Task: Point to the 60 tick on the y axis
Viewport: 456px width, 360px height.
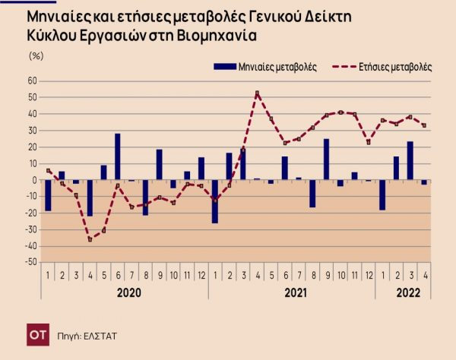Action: pyautogui.click(x=33, y=81)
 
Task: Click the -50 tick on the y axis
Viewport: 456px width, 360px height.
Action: pyautogui.click(x=31, y=262)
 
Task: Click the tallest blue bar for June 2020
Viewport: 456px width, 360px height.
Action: pyautogui.click(x=118, y=156)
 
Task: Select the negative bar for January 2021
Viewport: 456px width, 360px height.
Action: pyautogui.click(x=215, y=201)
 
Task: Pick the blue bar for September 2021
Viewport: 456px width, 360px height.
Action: pyautogui.click(x=327, y=159)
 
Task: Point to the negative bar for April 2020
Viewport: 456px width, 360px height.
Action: pyautogui.click(x=90, y=197)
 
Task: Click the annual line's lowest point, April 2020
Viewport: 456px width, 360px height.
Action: pyautogui.click(x=90, y=239)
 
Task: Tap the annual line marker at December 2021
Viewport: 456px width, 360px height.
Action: pyautogui.click(x=369, y=142)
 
